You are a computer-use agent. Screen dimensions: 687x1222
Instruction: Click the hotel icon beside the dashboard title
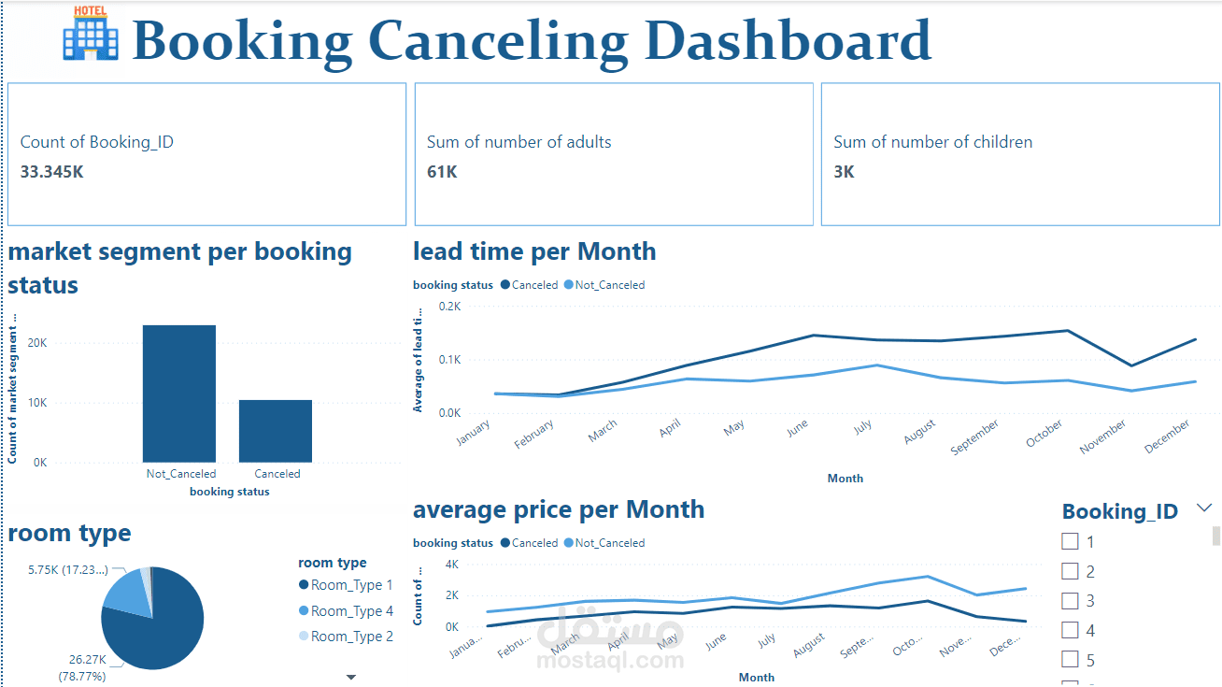[x=91, y=34]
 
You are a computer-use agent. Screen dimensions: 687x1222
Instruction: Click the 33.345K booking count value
[x=52, y=172]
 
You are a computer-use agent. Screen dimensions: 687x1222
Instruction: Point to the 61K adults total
[x=442, y=172]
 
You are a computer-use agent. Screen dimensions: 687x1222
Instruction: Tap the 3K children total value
[x=844, y=172]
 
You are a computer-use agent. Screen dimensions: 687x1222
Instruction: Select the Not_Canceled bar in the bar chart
[x=179, y=393]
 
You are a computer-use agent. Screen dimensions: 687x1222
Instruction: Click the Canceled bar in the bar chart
[x=276, y=430]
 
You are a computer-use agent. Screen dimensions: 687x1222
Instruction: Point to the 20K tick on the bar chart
[x=37, y=343]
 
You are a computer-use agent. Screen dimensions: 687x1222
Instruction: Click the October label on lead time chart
[x=1044, y=433]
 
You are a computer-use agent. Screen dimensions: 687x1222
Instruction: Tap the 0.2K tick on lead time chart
[x=450, y=307]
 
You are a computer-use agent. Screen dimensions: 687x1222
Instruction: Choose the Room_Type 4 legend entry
[x=351, y=611]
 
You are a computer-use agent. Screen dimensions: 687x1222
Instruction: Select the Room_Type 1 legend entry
[x=351, y=585]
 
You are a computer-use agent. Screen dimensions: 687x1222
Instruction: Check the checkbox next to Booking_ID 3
[x=1071, y=601]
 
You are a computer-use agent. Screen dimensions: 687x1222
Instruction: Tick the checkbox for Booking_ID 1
[x=1071, y=541]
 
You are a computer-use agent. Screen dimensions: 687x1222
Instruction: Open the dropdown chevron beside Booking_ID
[x=1204, y=508]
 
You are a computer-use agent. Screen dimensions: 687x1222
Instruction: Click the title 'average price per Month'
[x=558, y=509]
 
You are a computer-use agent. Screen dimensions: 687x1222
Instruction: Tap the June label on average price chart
[x=715, y=642]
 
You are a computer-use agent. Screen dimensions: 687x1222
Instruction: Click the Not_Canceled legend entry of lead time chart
[x=608, y=285]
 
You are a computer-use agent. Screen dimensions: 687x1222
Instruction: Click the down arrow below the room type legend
[x=351, y=677]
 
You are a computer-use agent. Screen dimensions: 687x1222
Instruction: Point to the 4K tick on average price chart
[x=451, y=565]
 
